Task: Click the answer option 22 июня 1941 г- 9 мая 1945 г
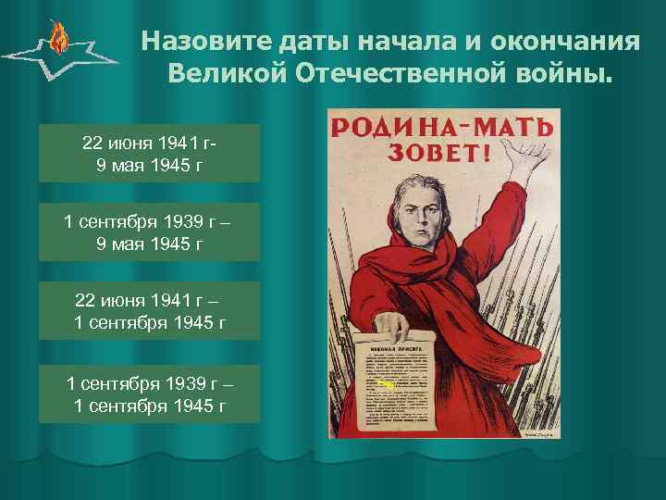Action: click(150, 154)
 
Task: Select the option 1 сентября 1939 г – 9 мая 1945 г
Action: click(150, 233)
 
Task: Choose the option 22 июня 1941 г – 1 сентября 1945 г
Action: click(150, 313)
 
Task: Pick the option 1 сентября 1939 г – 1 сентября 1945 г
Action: click(150, 394)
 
